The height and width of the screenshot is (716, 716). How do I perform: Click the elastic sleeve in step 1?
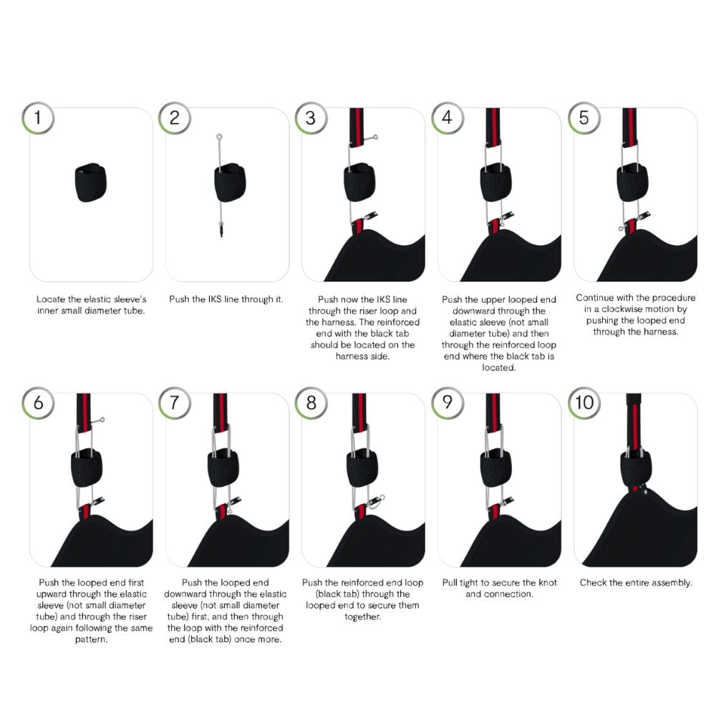pyautogui.click(x=90, y=182)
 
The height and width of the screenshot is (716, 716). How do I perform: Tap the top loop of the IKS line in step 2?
pyautogui.click(x=219, y=137)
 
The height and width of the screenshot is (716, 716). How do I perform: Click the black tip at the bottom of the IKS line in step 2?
pyautogui.click(x=222, y=230)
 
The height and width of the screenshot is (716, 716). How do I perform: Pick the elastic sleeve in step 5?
pyautogui.click(x=632, y=182)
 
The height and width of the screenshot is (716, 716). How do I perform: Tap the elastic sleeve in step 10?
pyautogui.click(x=636, y=470)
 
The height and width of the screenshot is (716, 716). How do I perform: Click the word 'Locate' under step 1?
pyautogui.click(x=51, y=299)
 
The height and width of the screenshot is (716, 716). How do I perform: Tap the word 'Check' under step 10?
pyautogui.click(x=593, y=583)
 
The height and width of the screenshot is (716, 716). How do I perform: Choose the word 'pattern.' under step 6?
pyautogui.click(x=92, y=639)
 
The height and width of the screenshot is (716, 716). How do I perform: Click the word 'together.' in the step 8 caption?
pyautogui.click(x=362, y=617)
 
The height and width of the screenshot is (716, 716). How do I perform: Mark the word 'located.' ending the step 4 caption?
pyautogui.click(x=498, y=367)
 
